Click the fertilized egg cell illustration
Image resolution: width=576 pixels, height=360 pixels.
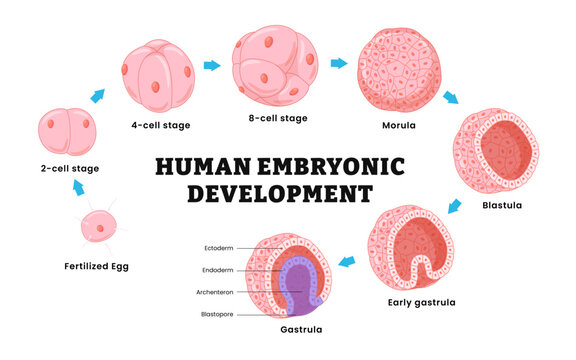(97, 227)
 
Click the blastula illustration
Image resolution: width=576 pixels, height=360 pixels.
(497, 151)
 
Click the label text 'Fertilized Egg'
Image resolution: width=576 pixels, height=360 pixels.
(97, 267)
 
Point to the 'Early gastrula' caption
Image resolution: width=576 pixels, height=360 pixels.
(422, 302)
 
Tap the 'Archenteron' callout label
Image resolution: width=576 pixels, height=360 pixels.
(215, 292)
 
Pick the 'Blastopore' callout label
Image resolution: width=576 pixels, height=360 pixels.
(216, 314)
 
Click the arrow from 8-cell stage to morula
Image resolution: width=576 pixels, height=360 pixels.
(339, 64)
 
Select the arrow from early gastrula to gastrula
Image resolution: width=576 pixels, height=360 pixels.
(347, 261)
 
